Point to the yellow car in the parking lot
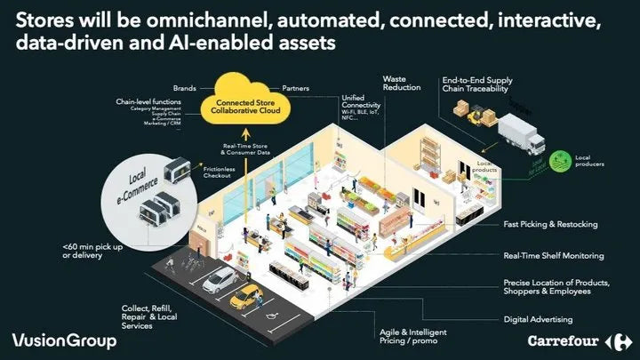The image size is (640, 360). (244, 295)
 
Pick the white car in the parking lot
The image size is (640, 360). (219, 280)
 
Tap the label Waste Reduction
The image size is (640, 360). (401, 84)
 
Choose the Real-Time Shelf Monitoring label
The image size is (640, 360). (553, 256)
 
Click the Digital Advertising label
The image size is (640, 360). (538, 318)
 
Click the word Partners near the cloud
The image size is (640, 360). (295, 89)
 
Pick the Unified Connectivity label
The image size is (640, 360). (356, 106)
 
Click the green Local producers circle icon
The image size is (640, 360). (562, 159)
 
